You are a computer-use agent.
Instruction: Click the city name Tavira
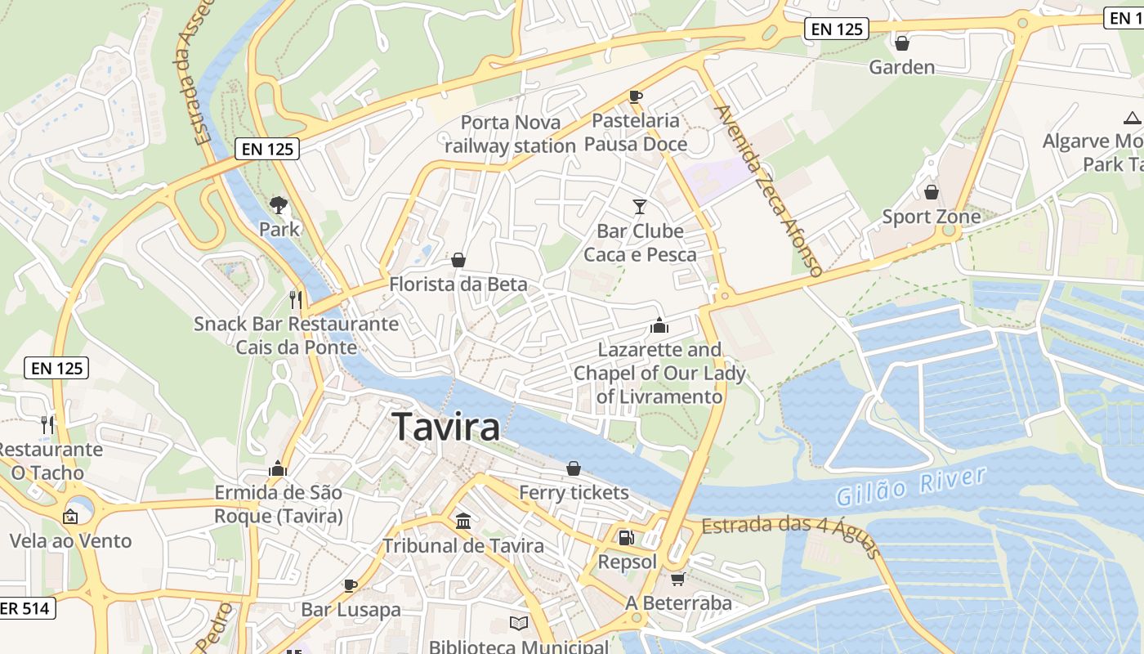[446, 428]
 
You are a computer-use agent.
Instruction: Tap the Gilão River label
[911, 486]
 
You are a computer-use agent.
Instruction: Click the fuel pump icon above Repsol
[626, 537]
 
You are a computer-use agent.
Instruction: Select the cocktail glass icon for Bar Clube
[639, 206]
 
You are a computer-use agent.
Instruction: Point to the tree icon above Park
[279, 204]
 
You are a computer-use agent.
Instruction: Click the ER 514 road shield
[26, 608]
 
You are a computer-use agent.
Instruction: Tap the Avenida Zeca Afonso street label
[767, 190]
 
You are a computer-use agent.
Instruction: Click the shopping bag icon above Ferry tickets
[574, 468]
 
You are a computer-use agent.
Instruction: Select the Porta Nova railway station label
[511, 134]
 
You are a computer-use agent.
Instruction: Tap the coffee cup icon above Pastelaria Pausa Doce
[635, 96]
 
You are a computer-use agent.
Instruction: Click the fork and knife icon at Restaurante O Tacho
[47, 424]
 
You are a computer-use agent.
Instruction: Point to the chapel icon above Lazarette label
[659, 325]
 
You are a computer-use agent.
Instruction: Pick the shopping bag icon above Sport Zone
[931, 192]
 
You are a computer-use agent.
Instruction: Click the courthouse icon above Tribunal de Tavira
[463, 521]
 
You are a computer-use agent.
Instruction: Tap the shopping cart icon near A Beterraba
[677, 579]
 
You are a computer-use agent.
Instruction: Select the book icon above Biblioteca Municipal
[519, 623]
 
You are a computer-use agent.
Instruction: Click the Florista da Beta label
[458, 284]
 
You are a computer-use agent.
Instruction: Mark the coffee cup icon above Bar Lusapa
[350, 585]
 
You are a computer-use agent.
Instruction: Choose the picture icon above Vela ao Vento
[70, 516]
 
